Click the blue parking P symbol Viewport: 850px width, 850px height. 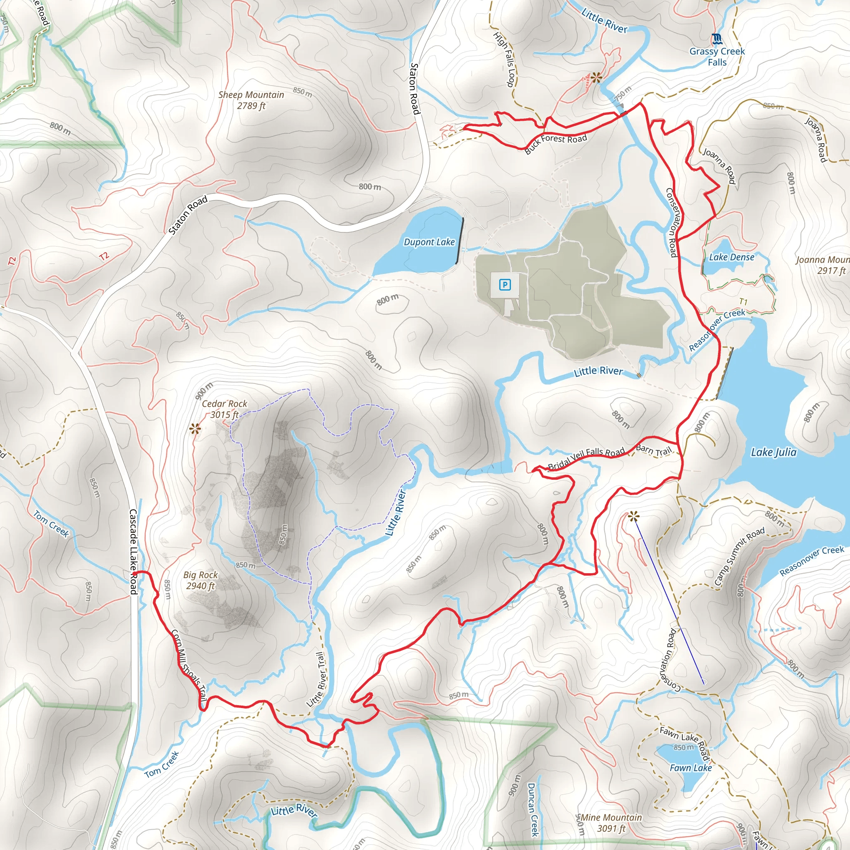[x=505, y=285]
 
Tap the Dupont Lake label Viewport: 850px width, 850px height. [x=429, y=242]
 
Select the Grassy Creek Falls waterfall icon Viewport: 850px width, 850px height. [x=717, y=39]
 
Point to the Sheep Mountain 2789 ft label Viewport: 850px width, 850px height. [x=251, y=100]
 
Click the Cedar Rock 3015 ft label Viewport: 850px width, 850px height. [x=225, y=409]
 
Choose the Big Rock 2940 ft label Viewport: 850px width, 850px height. [x=200, y=580]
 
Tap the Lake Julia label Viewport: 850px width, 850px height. [x=774, y=452]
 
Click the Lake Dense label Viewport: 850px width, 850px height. [x=732, y=257]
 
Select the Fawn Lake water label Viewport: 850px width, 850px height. [x=690, y=768]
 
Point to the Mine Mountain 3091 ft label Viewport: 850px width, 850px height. [x=611, y=823]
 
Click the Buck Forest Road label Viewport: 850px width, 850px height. [x=556, y=144]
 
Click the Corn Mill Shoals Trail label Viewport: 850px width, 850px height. [x=189, y=666]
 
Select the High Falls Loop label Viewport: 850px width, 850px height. [x=504, y=59]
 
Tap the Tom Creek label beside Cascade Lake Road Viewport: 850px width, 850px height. [x=51, y=523]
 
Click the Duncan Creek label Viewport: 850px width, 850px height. [x=533, y=809]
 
